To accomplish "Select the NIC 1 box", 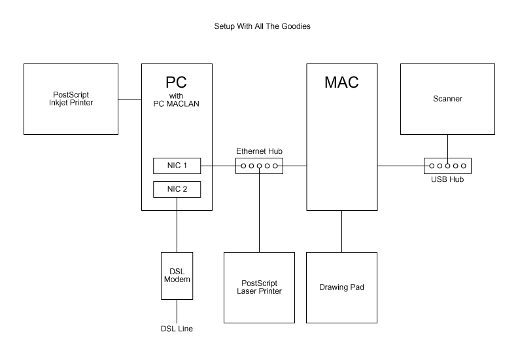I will [x=177, y=166].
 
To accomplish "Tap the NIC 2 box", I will [x=177, y=190].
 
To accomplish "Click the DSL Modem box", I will [x=177, y=276].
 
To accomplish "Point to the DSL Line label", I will [x=177, y=329].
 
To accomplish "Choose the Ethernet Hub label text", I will [x=259, y=151].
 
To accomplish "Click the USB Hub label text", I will [x=447, y=179].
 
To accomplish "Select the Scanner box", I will [x=447, y=99].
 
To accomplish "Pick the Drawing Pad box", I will [x=342, y=287].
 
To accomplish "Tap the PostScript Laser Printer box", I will [x=259, y=287].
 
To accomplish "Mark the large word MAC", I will [x=342, y=83].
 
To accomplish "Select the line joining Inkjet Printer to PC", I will [x=130, y=99].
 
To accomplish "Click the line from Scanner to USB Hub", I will [x=447, y=147].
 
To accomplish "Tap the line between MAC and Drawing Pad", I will [x=342, y=231].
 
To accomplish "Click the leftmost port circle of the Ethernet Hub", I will [x=243, y=166].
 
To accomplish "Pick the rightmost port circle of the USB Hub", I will [x=464, y=166].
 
